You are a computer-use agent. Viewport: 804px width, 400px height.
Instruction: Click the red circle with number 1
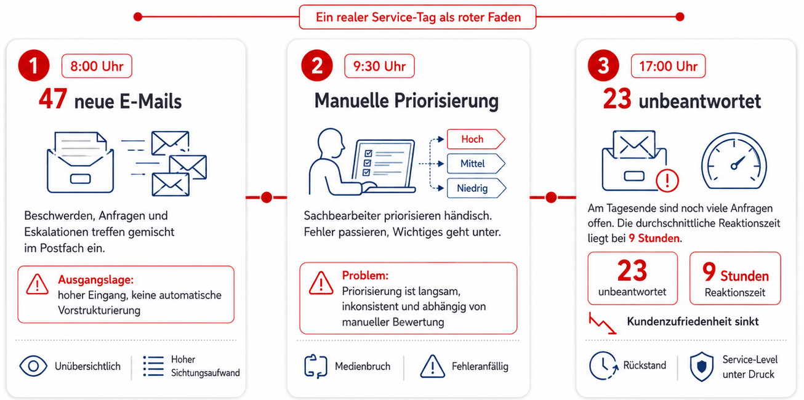[34, 65]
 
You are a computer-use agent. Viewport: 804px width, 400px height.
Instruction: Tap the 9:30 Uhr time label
[379, 66]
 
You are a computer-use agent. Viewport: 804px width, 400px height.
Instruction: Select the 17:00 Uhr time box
[668, 66]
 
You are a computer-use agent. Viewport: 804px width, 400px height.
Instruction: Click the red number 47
[53, 98]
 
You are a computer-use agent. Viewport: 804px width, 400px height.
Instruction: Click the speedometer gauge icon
[734, 161]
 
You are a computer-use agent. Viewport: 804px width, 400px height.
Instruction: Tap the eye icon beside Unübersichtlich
[33, 366]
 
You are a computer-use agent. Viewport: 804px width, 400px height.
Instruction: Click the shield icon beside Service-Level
[701, 366]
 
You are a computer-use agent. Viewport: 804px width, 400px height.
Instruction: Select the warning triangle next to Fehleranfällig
[433, 366]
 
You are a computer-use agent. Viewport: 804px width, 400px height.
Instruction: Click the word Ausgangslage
[96, 279]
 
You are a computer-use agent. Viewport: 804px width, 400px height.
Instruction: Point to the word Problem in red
[365, 275]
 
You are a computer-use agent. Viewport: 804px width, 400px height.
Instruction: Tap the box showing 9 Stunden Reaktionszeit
[734, 278]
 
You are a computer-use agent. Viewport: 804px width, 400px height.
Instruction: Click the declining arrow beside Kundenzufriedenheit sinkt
[602, 323]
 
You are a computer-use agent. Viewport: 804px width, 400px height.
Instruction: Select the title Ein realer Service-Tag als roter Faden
[418, 17]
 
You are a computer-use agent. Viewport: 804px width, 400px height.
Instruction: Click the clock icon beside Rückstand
[603, 366]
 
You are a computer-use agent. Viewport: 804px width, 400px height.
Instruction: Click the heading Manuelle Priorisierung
[406, 101]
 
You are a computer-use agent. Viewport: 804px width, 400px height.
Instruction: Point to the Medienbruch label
[363, 366]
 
